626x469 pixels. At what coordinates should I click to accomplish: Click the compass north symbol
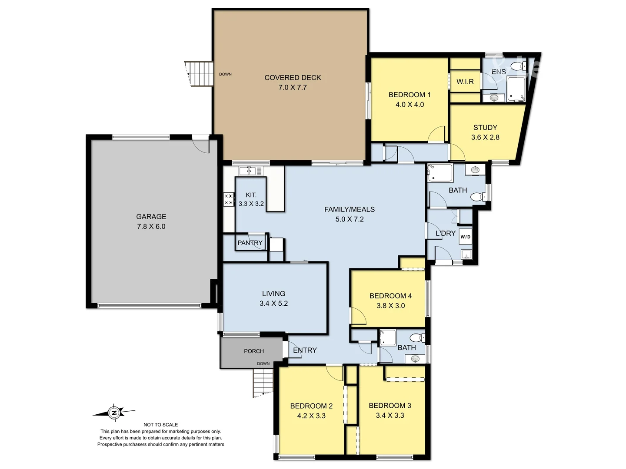point(114,412)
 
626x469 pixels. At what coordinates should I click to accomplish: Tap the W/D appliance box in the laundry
point(465,237)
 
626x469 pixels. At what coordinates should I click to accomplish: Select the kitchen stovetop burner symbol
point(229,199)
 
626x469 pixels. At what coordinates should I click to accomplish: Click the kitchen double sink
point(251,171)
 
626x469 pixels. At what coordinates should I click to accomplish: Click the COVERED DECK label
point(293,78)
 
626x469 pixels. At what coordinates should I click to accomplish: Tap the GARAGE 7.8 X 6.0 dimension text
point(151,226)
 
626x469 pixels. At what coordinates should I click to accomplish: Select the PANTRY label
point(250,243)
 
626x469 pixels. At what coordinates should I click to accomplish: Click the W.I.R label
point(465,82)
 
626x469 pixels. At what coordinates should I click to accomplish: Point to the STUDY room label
point(485,128)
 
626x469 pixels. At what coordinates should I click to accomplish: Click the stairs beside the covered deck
point(200,74)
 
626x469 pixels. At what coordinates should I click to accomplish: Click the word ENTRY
point(305,350)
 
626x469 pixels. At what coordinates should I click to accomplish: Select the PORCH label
point(254,351)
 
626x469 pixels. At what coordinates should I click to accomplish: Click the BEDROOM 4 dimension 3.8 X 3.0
point(390,306)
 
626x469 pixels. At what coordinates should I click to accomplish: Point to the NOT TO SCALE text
point(160,425)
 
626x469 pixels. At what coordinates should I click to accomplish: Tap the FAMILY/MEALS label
point(349,209)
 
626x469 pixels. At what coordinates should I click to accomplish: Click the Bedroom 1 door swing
point(437,134)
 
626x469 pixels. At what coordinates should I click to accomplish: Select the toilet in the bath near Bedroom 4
point(416,337)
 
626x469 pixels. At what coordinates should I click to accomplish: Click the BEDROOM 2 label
point(311,406)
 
